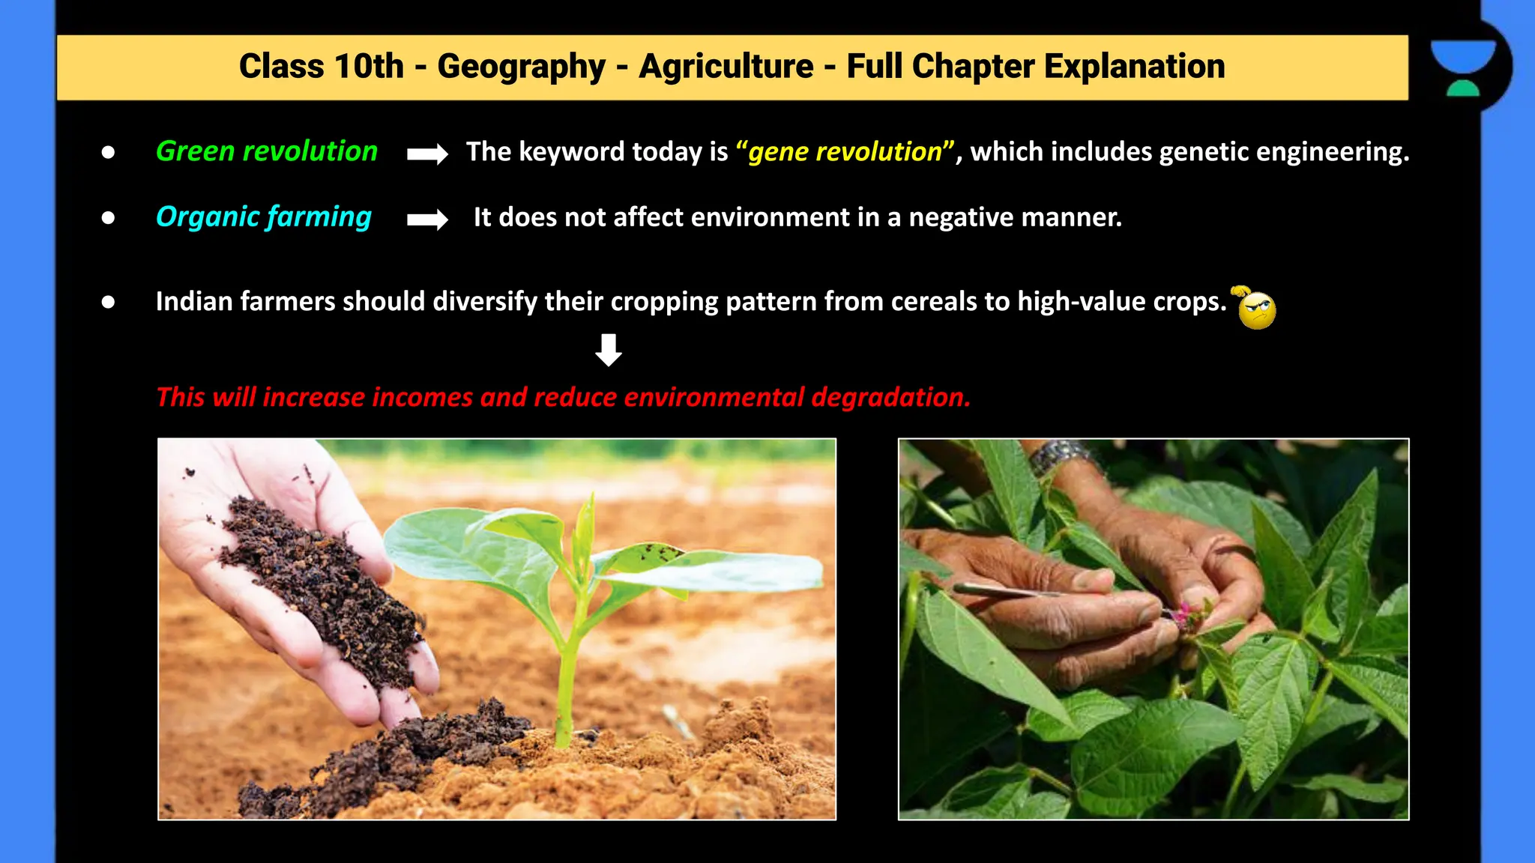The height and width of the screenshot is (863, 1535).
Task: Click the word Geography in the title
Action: tap(521, 67)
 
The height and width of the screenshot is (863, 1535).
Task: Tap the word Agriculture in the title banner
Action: tap(726, 67)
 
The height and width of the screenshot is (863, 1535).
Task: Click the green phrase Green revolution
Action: tap(266, 151)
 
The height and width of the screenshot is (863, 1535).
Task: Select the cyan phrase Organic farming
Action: tap(263, 217)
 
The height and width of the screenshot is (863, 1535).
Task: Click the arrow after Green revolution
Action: tap(427, 154)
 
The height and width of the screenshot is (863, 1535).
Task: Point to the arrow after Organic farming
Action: tap(427, 219)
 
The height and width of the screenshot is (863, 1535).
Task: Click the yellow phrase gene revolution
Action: tap(845, 152)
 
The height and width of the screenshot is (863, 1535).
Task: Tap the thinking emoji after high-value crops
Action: tap(1255, 308)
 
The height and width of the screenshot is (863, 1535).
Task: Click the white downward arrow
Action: tap(609, 350)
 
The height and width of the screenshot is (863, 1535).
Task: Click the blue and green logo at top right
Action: tap(1462, 68)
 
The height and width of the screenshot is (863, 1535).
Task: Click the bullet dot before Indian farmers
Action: tap(109, 302)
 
